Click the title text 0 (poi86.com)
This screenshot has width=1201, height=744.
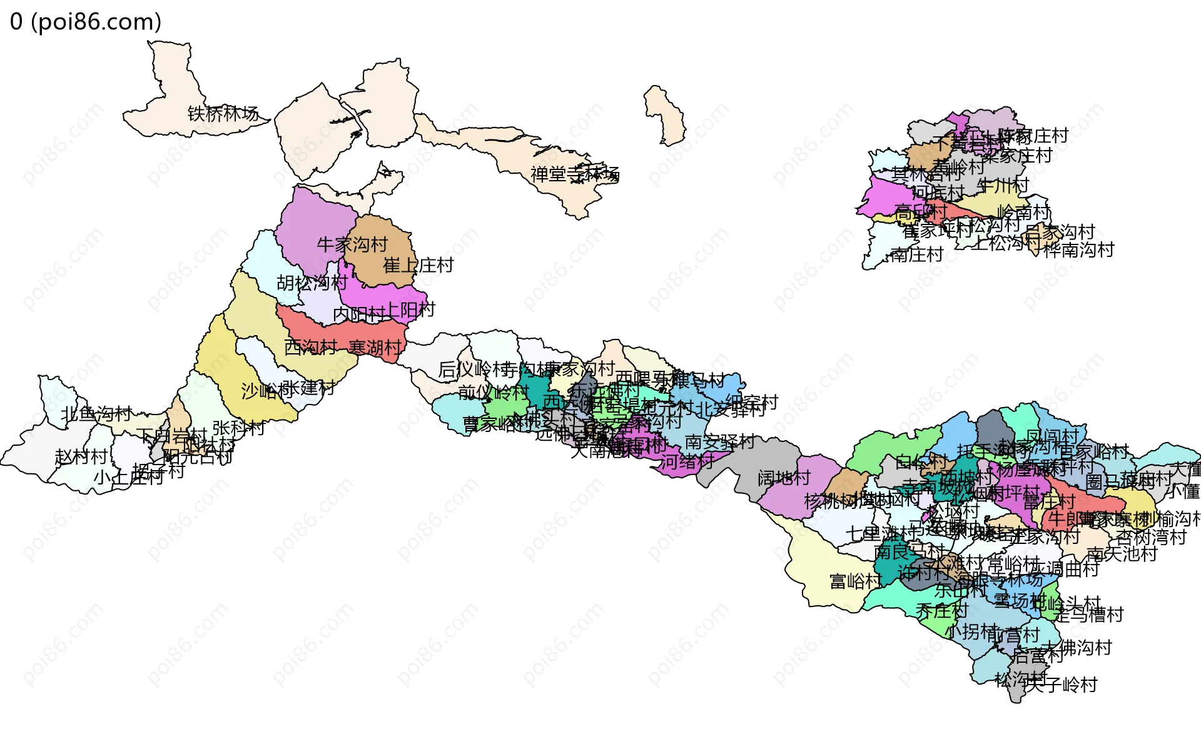[86, 22]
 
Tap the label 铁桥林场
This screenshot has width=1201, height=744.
[223, 114]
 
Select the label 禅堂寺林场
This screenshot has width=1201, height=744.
[574, 174]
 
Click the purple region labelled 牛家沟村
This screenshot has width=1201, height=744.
[310, 219]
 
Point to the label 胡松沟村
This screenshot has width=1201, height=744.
[312, 283]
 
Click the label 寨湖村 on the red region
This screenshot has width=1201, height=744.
[375, 348]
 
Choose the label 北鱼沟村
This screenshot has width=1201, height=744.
[96, 414]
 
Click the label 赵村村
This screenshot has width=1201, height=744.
[81, 456]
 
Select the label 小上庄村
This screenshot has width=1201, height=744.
[128, 478]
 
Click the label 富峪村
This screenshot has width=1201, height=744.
[855, 581]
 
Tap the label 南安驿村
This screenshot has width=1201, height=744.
[719, 442]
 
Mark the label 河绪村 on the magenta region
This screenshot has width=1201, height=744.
[687, 462]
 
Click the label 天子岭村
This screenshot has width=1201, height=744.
[1062, 685]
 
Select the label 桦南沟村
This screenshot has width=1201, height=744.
[1078, 250]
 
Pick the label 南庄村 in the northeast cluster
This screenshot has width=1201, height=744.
[916, 254]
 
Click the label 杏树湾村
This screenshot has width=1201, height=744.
[1151, 537]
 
